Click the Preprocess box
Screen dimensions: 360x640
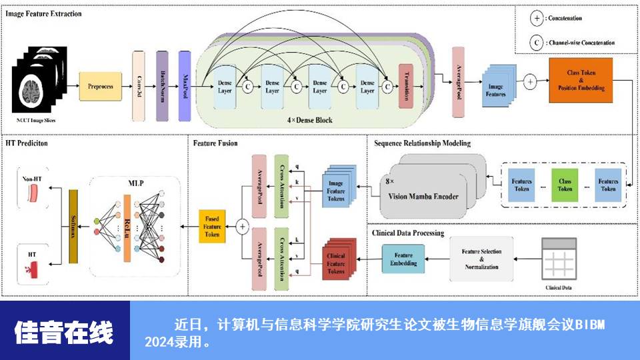tap(101, 86)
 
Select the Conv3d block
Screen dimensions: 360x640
tap(139, 86)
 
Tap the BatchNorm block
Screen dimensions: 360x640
tap(161, 86)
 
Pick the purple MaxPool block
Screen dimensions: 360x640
tap(185, 86)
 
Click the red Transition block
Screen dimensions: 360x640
tap(404, 86)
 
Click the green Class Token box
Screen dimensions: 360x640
tap(565, 185)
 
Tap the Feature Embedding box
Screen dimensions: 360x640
tap(403, 259)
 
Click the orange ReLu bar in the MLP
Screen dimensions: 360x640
tap(127, 227)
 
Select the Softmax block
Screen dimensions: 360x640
tap(73, 227)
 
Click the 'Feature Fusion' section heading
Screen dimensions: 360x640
tap(215, 143)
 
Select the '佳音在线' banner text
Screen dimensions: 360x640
tap(64, 332)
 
